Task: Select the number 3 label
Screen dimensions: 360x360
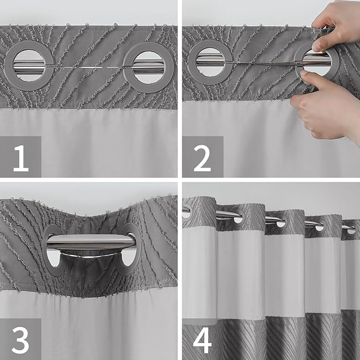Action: pyautogui.click(x=20, y=339)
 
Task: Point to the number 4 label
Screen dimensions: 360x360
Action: pyautogui.click(x=203, y=339)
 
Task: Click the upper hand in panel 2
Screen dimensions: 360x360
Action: pyautogui.click(x=337, y=21)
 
